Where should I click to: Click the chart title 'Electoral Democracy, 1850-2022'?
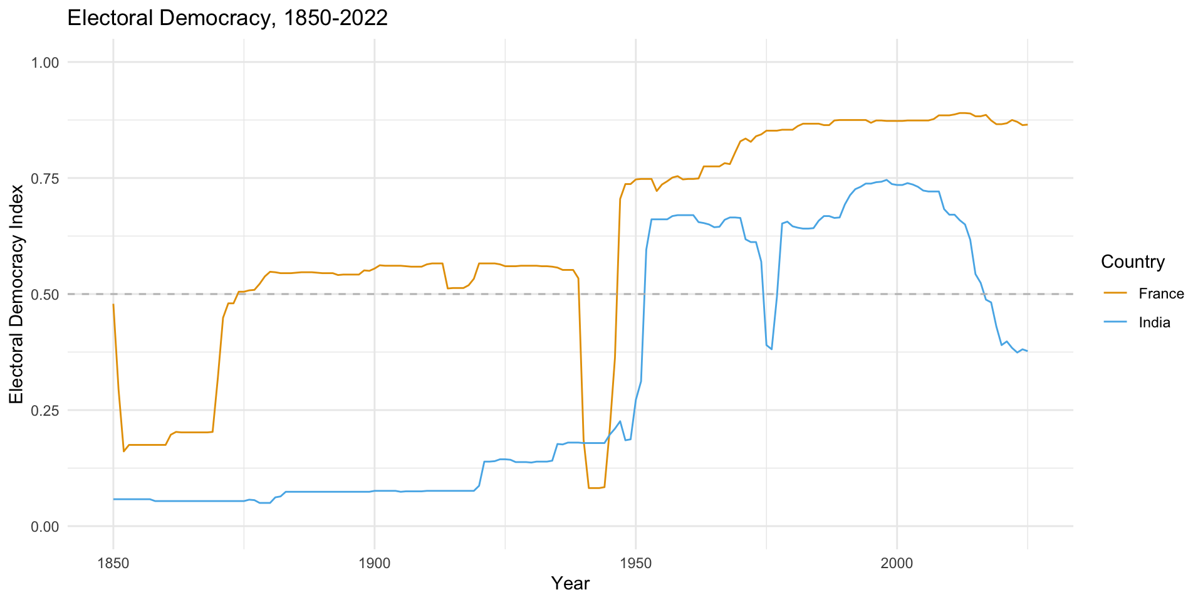tap(227, 18)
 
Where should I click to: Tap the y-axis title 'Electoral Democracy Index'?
tap(16, 294)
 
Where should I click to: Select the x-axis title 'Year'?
tap(570, 584)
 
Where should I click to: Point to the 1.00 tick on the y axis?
tap(45, 63)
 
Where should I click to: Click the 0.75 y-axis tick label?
tap(45, 179)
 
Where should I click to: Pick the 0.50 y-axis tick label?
tap(45, 295)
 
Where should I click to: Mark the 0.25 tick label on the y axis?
tap(45, 411)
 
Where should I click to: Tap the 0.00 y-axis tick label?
tap(45, 527)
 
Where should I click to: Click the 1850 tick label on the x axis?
tap(113, 563)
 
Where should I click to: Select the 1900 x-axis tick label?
tap(375, 563)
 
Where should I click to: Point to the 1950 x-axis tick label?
tap(636, 563)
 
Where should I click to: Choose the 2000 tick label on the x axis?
tap(897, 563)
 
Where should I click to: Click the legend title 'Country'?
tap(1133, 262)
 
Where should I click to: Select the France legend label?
tap(1162, 294)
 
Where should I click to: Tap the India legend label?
tap(1155, 323)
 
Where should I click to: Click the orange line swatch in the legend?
tap(1115, 293)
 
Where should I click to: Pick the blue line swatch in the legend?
tap(1115, 322)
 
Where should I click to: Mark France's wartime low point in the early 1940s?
tap(594, 488)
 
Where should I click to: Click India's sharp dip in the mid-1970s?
tap(771, 349)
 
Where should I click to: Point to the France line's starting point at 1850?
tap(113, 304)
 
